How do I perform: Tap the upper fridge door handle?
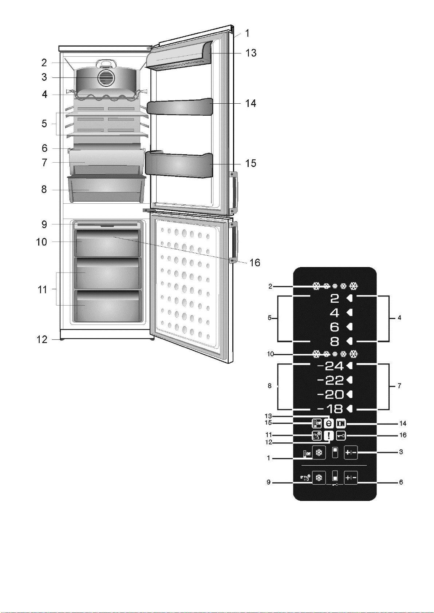point(233,193)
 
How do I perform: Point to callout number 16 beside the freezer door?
point(255,263)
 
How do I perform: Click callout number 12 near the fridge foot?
point(42,340)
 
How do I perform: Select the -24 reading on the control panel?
point(330,366)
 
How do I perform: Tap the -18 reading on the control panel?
point(330,409)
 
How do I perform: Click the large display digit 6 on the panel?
point(335,327)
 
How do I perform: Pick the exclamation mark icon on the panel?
point(328,435)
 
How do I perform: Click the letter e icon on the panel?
point(328,423)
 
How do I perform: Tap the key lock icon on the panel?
point(341,436)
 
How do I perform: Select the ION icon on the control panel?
point(341,423)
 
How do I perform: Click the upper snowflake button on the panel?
point(319,453)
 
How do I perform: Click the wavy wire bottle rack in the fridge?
point(106,95)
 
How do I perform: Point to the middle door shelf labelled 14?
point(180,107)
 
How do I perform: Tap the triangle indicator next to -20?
point(350,394)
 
